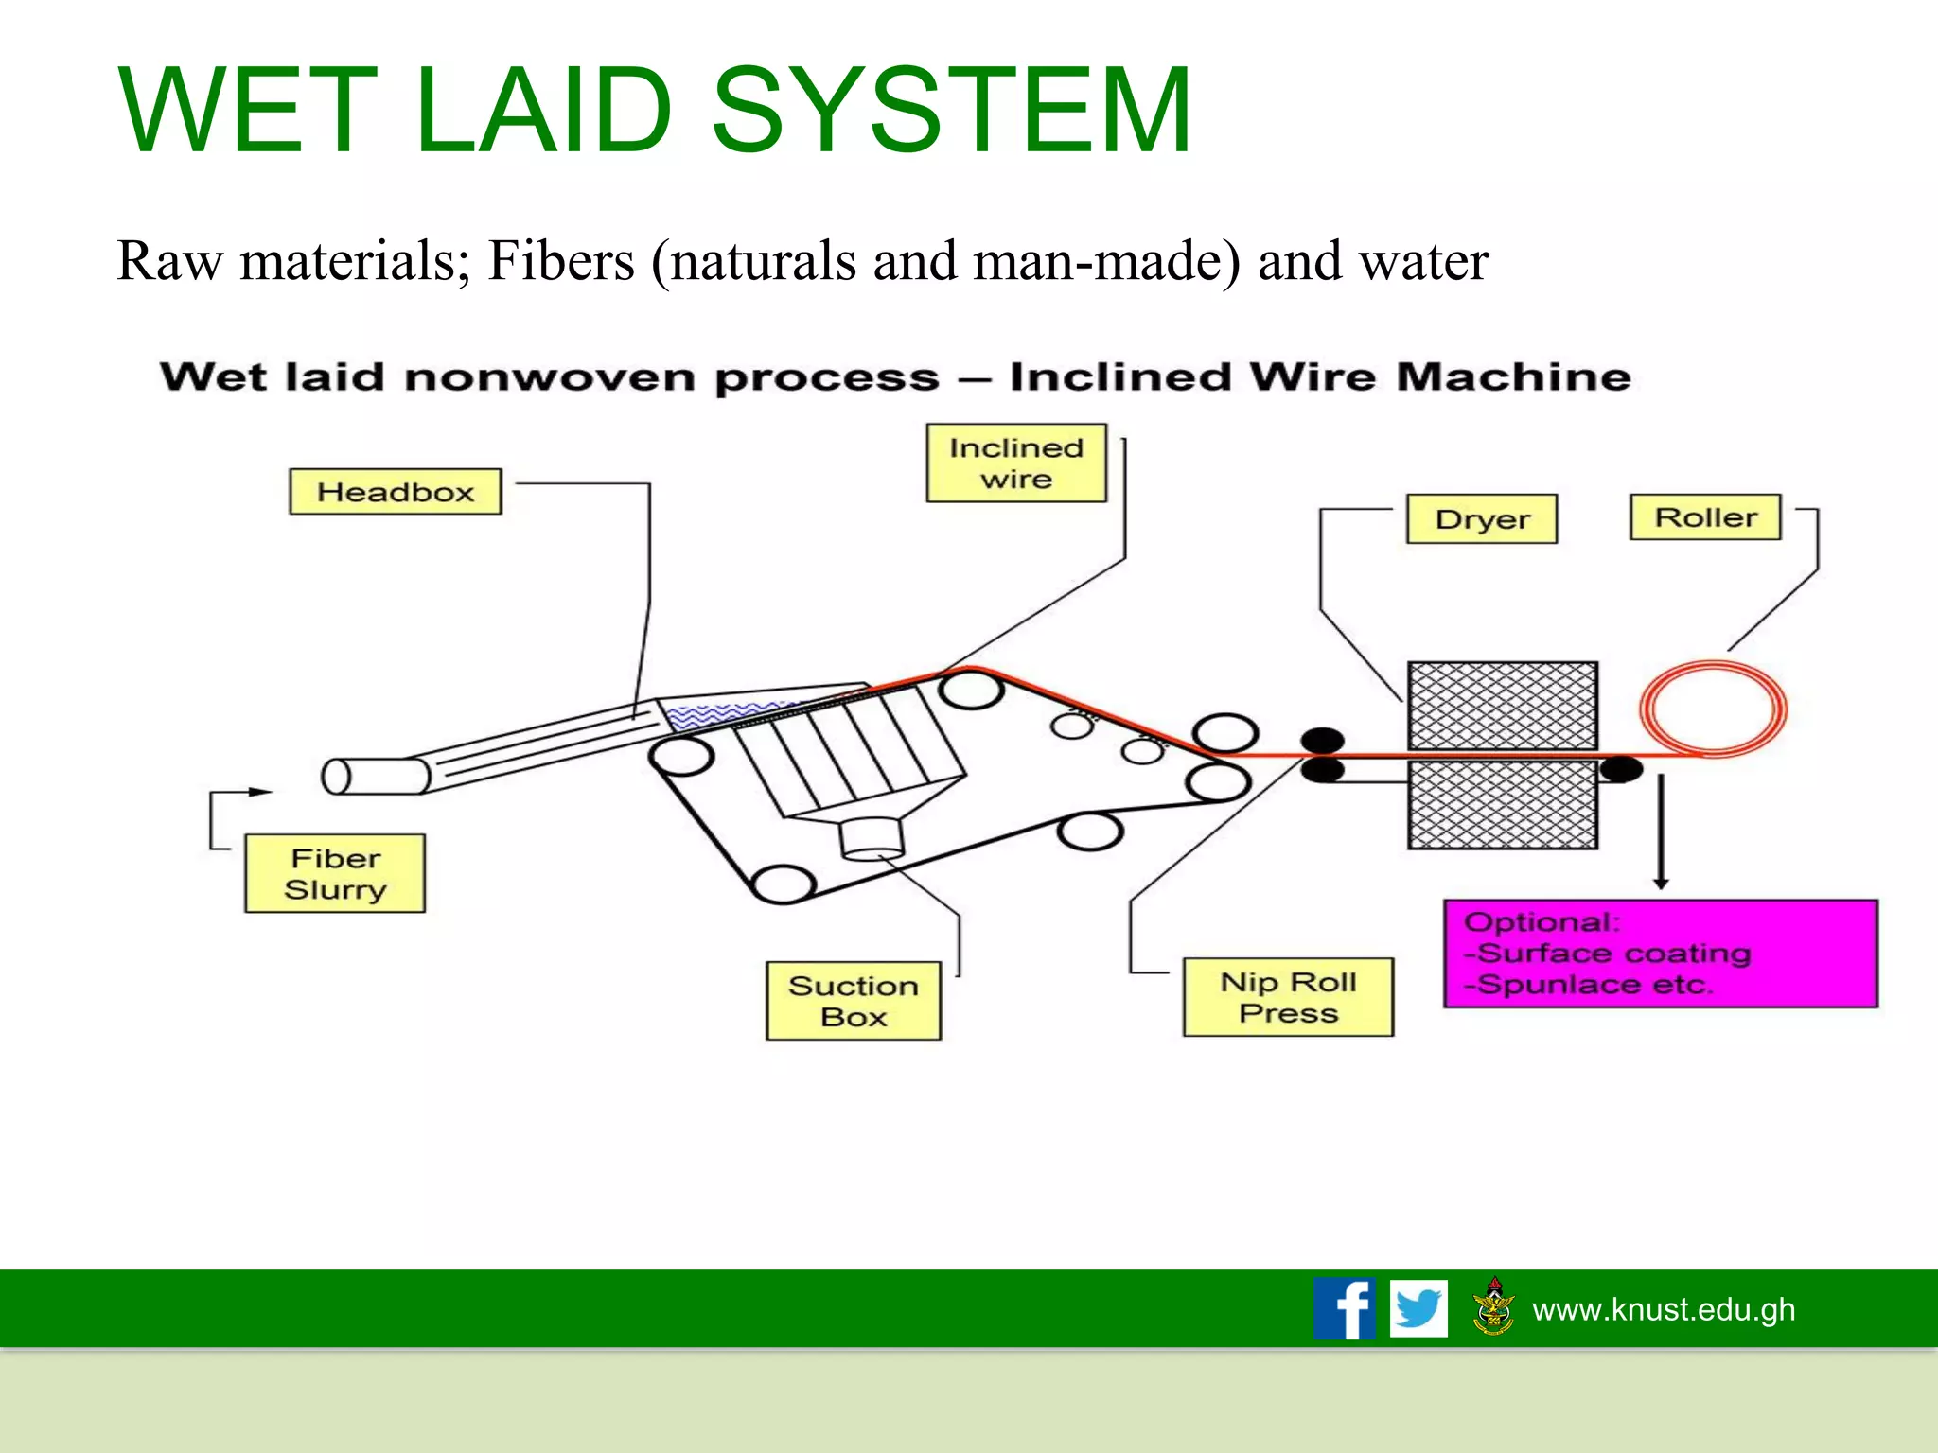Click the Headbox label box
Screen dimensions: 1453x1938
(395, 492)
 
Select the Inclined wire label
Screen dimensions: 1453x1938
(1015, 463)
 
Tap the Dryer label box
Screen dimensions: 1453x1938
(1481, 518)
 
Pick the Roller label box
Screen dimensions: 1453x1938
(1704, 517)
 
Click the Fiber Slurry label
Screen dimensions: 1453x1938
(335, 873)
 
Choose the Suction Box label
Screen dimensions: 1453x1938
(853, 1001)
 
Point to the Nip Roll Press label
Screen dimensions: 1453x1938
(1288, 997)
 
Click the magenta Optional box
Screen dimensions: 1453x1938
(1660, 954)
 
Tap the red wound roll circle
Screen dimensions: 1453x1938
(1712, 709)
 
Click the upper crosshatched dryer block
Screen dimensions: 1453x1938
(1502, 706)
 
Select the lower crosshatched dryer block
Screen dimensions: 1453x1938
(1502, 805)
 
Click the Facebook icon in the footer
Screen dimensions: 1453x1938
(1344, 1308)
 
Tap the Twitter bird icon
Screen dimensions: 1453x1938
(1418, 1308)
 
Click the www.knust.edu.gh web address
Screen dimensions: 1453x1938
(1664, 1309)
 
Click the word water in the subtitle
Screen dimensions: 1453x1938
(1423, 261)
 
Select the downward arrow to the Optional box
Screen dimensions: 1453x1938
(1661, 832)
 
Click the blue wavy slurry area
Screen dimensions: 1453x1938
(724, 714)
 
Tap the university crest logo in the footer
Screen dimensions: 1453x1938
(1493, 1307)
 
